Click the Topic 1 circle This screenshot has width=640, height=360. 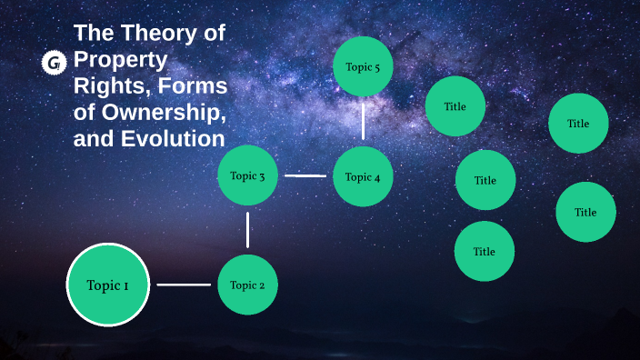click(x=107, y=285)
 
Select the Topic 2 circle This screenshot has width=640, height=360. click(x=247, y=285)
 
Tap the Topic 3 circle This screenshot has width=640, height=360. click(x=247, y=175)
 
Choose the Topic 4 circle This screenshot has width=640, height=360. click(x=363, y=176)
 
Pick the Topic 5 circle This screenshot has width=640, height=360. click(x=363, y=66)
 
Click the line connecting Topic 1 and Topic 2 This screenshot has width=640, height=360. click(x=183, y=285)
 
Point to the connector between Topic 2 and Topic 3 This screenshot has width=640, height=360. click(x=247, y=230)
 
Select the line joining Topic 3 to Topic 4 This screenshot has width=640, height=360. click(x=305, y=175)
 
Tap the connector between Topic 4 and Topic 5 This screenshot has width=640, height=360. click(x=363, y=120)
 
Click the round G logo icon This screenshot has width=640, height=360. click(x=55, y=62)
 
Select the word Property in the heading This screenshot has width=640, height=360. click(x=121, y=61)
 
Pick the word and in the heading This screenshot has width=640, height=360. click(x=92, y=140)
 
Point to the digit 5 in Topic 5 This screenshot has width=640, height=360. click(x=377, y=66)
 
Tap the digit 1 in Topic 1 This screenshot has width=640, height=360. click(x=125, y=285)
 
